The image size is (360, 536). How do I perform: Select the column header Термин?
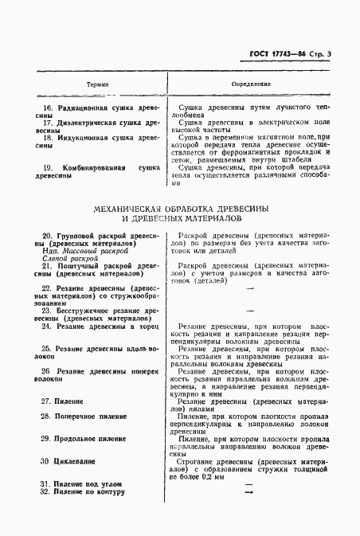(98, 83)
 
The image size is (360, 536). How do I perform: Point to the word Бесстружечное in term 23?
(80, 311)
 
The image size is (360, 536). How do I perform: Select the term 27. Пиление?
(66, 401)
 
